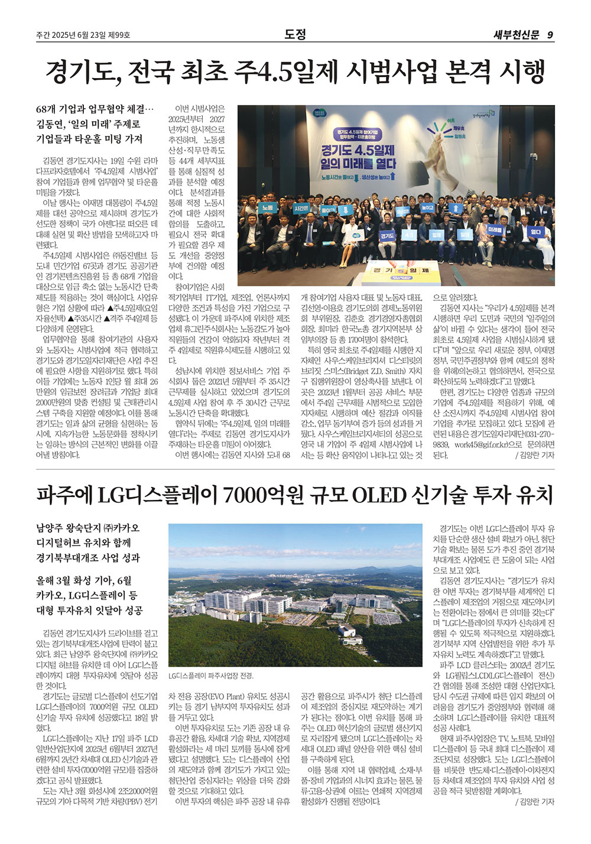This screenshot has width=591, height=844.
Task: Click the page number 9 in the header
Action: (x=550, y=35)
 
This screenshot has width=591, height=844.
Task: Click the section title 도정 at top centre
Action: (x=295, y=34)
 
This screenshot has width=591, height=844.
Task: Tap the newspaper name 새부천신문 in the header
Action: (x=516, y=35)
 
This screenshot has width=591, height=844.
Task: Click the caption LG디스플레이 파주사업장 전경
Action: (x=210, y=676)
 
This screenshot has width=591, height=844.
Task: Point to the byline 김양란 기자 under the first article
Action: (x=536, y=456)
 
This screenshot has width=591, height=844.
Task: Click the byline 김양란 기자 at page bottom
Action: (x=536, y=802)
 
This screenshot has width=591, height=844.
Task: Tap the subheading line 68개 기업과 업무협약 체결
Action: (x=95, y=110)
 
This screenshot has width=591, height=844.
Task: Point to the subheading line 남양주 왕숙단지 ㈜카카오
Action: (x=88, y=528)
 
